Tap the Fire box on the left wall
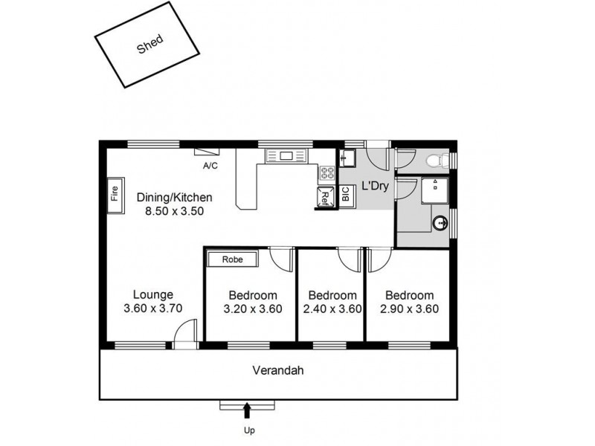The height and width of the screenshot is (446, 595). [115, 195]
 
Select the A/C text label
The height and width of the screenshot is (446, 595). [210, 166]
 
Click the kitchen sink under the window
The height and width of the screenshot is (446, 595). [286, 156]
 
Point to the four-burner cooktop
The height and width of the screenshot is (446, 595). [326, 175]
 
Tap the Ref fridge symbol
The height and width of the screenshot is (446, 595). [326, 196]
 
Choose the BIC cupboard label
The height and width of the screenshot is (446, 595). [345, 195]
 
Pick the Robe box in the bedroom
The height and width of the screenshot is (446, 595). [233, 259]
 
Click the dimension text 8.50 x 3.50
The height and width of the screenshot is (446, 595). [175, 211]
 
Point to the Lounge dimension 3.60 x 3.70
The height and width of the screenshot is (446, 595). [153, 308]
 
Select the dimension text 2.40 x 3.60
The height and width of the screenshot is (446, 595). [332, 309]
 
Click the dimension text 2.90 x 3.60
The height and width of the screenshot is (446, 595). [409, 309]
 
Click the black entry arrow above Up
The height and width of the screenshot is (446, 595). [247, 408]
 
